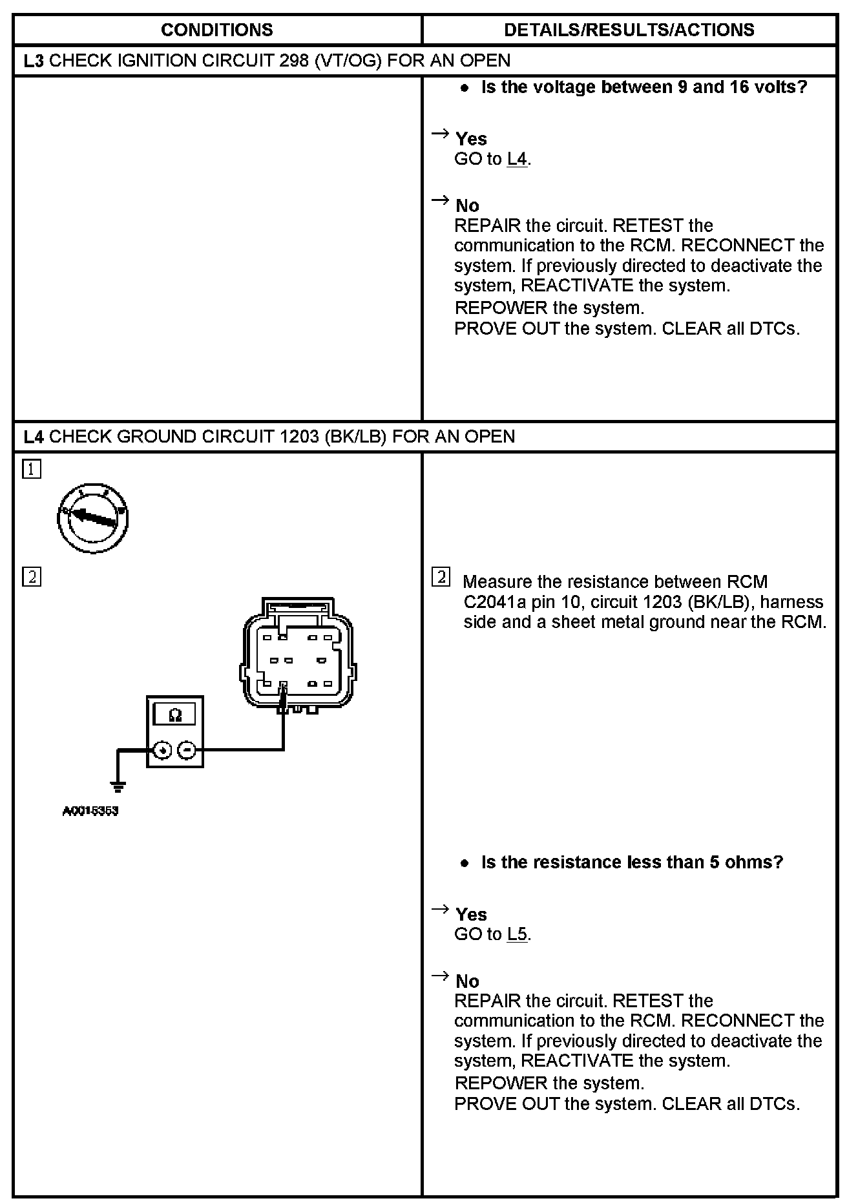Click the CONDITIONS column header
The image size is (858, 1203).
tap(216, 30)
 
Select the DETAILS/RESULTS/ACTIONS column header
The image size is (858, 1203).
tap(629, 30)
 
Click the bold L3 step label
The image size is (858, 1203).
tap(34, 61)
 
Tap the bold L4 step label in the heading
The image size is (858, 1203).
tap(34, 437)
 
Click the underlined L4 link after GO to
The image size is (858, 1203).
tap(518, 159)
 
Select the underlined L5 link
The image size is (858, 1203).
tap(518, 934)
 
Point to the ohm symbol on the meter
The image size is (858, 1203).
tap(174, 715)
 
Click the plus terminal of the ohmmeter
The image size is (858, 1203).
tap(163, 750)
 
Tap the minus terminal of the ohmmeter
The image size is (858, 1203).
tap(187, 750)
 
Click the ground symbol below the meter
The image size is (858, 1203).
tap(118, 786)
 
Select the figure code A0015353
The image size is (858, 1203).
tap(90, 811)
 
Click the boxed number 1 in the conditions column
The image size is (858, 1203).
tap(32, 469)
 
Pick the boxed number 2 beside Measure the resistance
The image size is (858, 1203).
tap(441, 577)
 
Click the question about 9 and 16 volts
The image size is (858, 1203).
tap(644, 87)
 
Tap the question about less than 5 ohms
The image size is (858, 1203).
tap(632, 863)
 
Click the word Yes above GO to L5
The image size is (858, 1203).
tap(471, 914)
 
